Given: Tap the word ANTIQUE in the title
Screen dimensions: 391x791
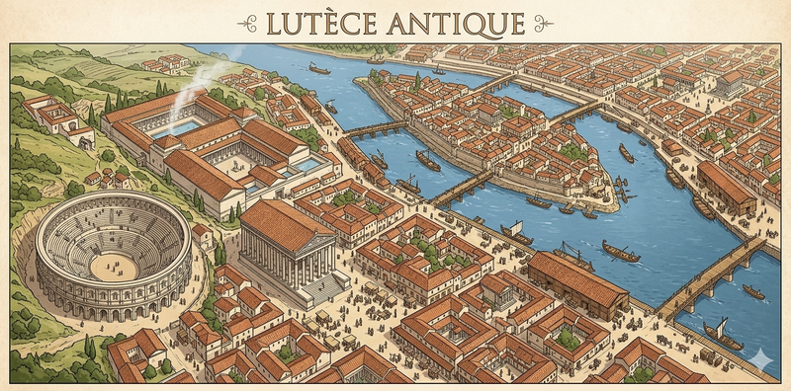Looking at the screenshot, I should tap(454, 22).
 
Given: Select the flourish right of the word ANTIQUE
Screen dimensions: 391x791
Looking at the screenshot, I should tap(544, 22).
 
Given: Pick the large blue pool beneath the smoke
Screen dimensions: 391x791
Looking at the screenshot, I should tap(180, 127).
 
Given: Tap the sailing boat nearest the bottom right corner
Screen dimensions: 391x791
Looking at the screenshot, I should tap(723, 335).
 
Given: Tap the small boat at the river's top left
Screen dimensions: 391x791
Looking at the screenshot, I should tap(319, 68).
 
